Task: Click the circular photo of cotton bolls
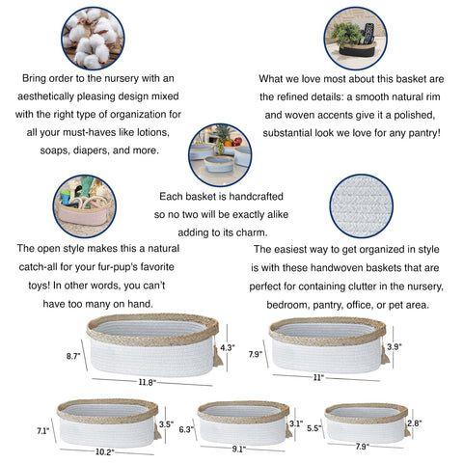[93, 39]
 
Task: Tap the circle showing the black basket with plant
[355, 39]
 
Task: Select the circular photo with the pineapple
[220, 154]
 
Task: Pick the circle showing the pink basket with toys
[85, 206]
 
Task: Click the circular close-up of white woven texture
[362, 206]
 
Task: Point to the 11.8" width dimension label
[148, 382]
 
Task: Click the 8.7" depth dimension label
[73, 356]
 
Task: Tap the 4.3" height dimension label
[228, 347]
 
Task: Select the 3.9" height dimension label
[395, 346]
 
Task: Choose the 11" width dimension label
[318, 377]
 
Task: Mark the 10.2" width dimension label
[105, 452]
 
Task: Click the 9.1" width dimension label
[239, 449]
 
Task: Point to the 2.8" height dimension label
[415, 423]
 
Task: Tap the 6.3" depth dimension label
[186, 429]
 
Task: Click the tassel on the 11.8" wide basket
[218, 356]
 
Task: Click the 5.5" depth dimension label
[314, 428]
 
